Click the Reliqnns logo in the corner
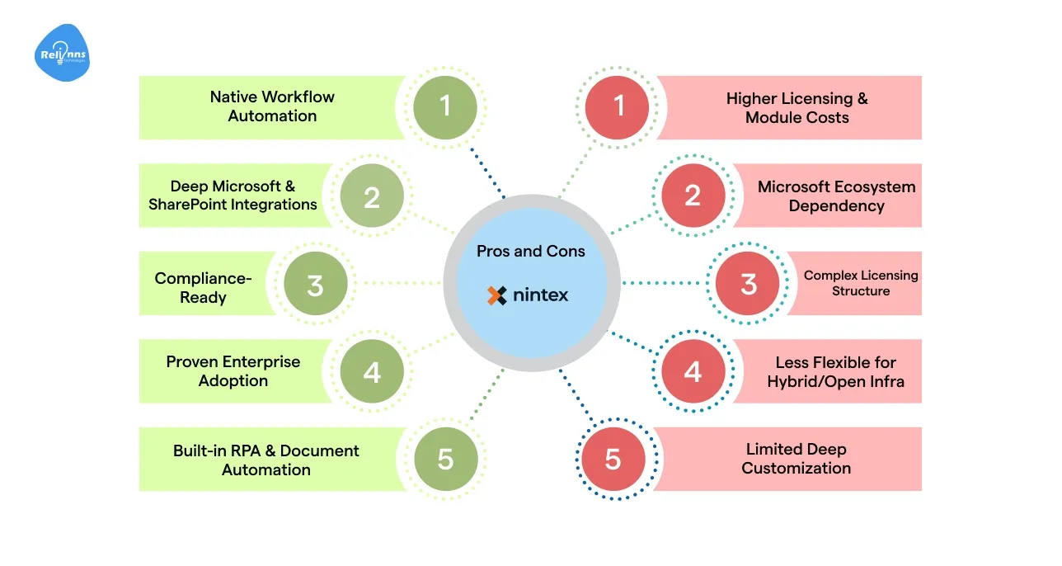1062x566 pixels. point(62,54)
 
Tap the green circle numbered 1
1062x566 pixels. point(445,106)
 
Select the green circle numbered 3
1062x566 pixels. point(315,285)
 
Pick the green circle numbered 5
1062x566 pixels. point(445,459)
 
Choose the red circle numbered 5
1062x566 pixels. point(613,459)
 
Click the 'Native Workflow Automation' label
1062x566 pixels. point(272,106)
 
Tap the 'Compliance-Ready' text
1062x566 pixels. point(203,287)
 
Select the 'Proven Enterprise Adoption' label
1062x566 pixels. point(233,371)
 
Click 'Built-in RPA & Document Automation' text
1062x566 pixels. point(266,460)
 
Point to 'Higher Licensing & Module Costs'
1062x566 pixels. point(796,108)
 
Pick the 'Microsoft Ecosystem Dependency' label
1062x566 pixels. point(836,196)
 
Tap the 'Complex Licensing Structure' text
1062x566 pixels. point(861,283)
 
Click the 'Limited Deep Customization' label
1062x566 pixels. point(796,459)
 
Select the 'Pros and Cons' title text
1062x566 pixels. point(531,251)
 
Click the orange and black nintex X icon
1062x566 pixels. point(497,295)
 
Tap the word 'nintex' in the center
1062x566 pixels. point(541,295)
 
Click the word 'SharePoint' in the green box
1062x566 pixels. point(195,204)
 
